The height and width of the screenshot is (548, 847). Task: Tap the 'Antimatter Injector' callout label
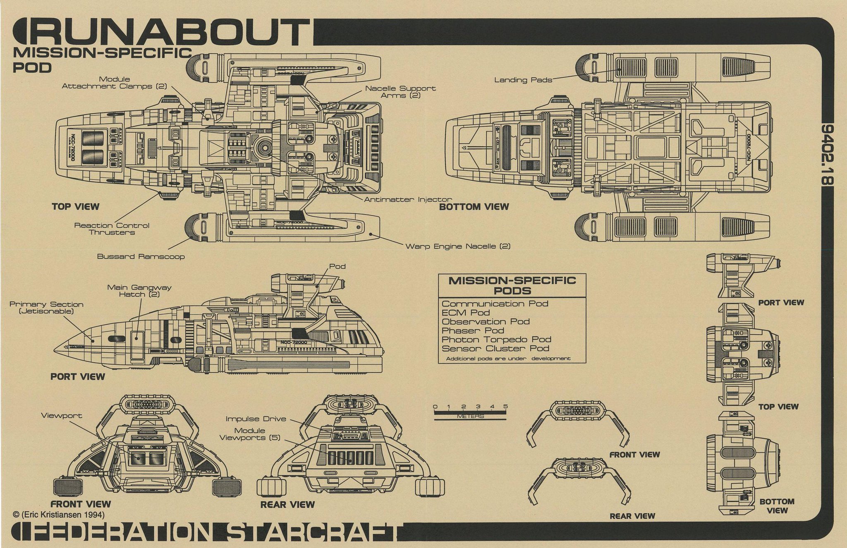point(408,200)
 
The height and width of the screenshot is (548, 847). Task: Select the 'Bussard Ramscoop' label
point(141,256)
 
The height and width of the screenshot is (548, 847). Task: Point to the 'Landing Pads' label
point(523,80)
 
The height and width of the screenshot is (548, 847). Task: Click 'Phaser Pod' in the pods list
point(473,330)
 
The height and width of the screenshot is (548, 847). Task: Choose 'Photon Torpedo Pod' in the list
point(496,340)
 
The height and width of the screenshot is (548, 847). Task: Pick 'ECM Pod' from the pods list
point(466,313)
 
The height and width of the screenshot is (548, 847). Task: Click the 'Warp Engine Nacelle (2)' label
point(457,246)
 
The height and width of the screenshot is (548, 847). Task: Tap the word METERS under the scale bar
point(470,416)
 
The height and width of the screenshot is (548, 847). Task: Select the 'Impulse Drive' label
point(256,419)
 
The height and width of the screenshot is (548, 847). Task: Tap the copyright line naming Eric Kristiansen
point(59,514)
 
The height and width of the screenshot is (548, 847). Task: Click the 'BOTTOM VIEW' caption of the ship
point(474,207)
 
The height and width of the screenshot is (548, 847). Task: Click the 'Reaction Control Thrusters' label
point(112,229)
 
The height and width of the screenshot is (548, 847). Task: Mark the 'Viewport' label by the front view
point(62,416)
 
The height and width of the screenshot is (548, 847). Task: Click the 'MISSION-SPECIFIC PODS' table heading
point(512,285)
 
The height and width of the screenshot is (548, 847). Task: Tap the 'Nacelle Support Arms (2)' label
point(400,92)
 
